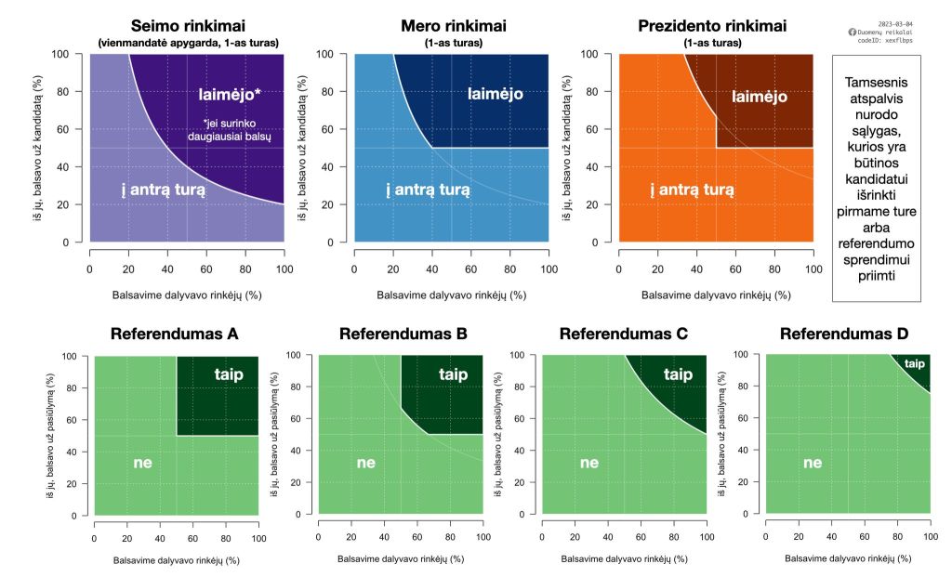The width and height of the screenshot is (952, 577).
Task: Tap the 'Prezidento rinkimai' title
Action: click(x=712, y=26)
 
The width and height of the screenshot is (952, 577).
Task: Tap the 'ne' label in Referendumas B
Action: click(x=365, y=462)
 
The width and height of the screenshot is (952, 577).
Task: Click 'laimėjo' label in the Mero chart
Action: click(x=495, y=94)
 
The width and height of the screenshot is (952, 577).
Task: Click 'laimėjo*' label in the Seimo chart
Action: click(x=236, y=94)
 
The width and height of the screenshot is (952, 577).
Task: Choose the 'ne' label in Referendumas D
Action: click(x=813, y=462)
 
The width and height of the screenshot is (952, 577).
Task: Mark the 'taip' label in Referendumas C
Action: click(x=678, y=374)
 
